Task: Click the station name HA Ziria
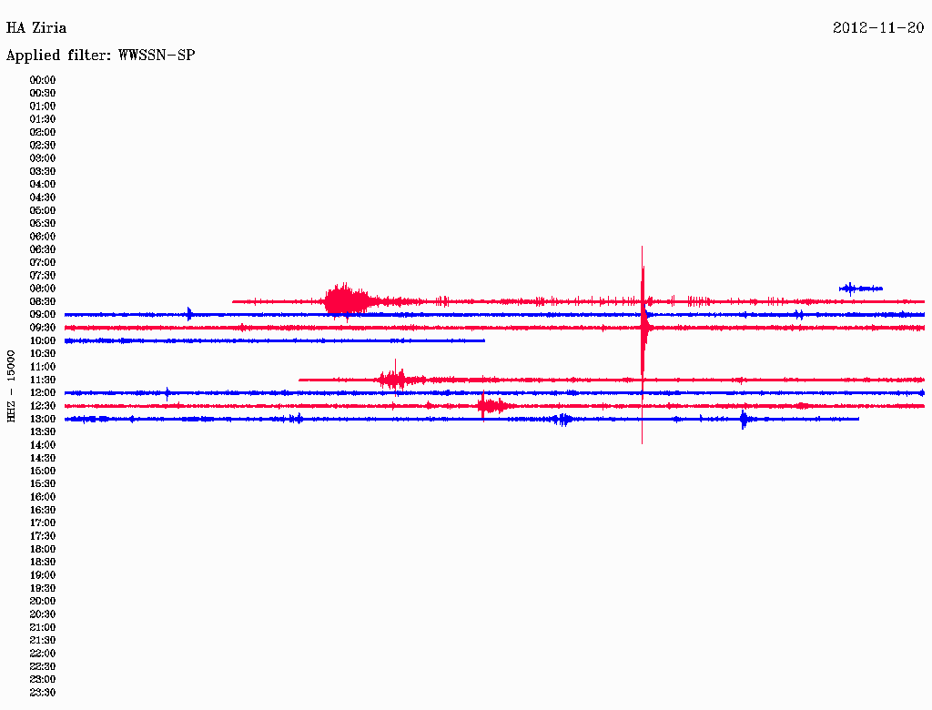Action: [x=36, y=28]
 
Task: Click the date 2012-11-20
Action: [x=878, y=28]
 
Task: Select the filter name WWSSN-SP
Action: [x=157, y=56]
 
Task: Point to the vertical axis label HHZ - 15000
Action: [x=11, y=387]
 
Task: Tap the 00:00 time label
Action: [x=43, y=80]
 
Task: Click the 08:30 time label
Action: [x=43, y=301]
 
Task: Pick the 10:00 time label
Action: [x=43, y=340]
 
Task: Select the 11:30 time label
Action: [x=43, y=380]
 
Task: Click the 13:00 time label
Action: [x=43, y=419]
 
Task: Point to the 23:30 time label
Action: [x=43, y=692]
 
